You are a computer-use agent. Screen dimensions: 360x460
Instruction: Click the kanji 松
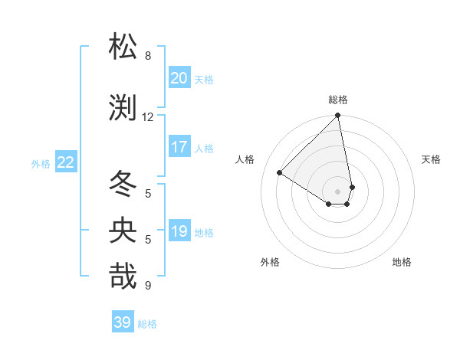coord(123,47)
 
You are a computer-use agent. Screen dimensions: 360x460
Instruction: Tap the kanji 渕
coord(123,108)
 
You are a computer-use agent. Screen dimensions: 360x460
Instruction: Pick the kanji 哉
coord(123,276)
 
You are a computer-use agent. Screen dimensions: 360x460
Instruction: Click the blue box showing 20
coord(179,78)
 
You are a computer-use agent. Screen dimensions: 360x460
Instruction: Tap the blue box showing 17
coord(179,148)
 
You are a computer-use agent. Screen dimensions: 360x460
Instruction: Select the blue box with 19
coord(179,232)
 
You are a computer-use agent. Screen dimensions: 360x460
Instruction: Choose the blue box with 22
coord(66,162)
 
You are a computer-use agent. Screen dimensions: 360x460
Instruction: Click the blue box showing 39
coord(123,322)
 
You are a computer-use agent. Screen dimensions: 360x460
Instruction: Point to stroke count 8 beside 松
coord(148,56)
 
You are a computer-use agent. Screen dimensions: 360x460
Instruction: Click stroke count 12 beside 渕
coord(148,117)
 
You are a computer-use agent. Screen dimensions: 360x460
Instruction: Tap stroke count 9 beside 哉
coord(148,286)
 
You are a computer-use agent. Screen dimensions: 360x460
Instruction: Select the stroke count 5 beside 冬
coord(148,193)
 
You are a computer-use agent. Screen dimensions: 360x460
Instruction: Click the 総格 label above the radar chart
coord(338,100)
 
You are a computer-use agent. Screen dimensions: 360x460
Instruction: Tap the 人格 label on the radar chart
coord(245,159)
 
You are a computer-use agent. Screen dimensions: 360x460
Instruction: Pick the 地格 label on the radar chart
coord(402,262)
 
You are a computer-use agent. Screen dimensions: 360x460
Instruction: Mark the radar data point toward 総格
coord(338,116)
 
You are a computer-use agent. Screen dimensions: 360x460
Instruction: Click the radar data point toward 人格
coord(280,173)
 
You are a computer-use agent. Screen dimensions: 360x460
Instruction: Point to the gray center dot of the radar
coord(338,191)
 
